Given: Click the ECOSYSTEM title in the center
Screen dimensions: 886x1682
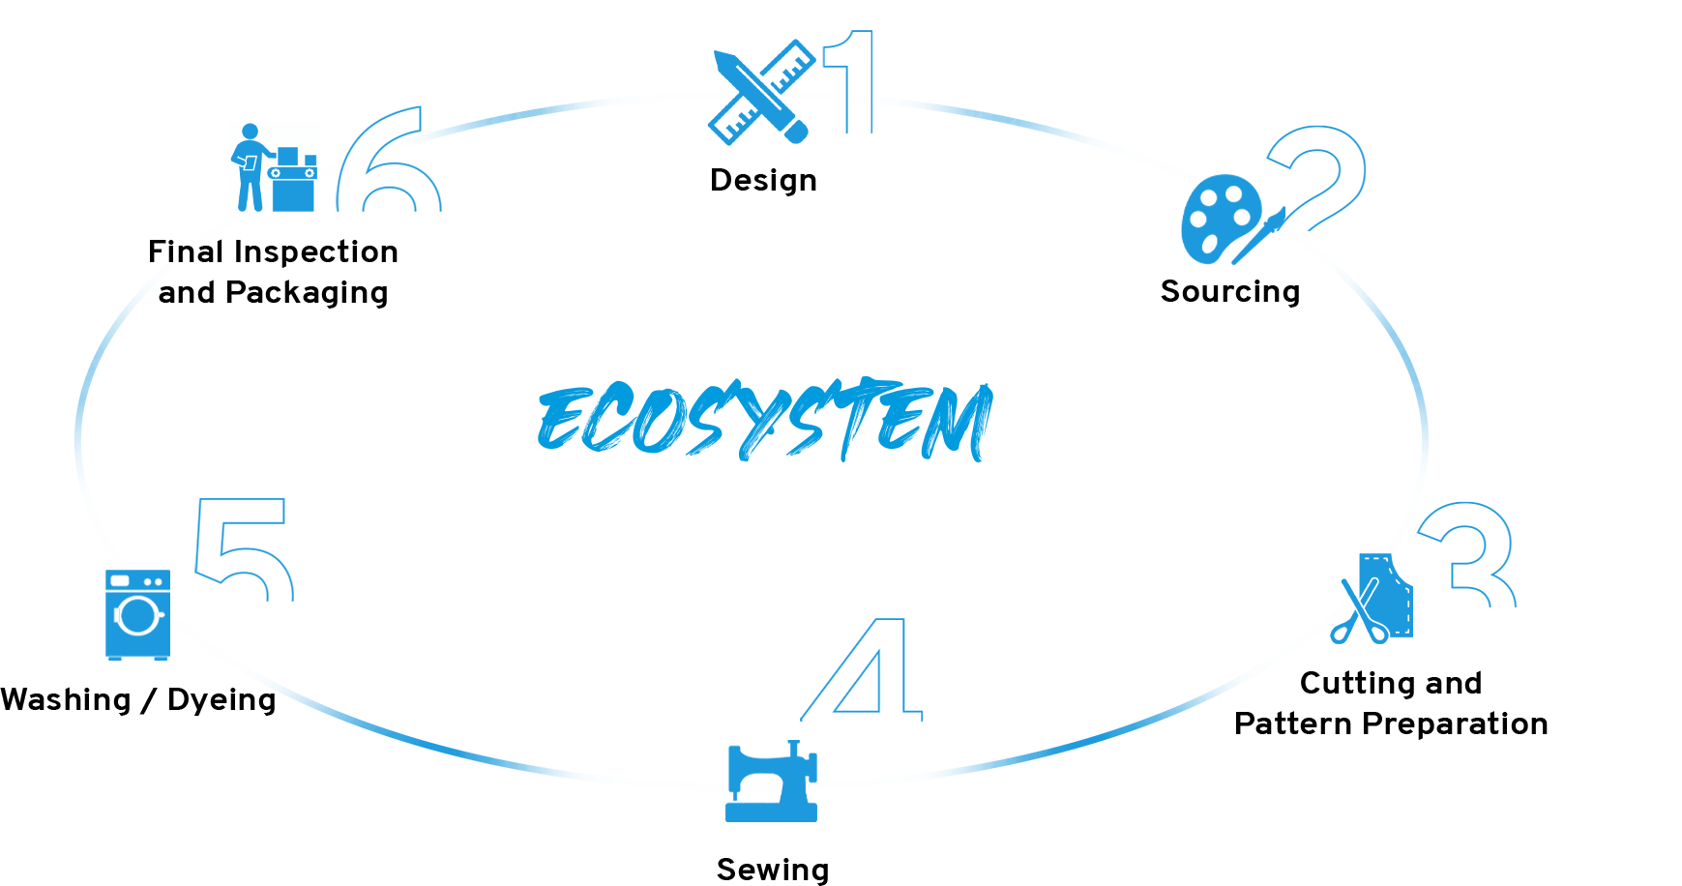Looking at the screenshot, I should (764, 421).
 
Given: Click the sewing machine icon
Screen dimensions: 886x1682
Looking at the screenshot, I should (771, 783).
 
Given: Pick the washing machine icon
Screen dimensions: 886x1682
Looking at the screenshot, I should (137, 614).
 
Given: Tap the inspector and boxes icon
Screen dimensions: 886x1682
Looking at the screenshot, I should (273, 166).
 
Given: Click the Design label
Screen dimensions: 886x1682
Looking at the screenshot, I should (763, 180).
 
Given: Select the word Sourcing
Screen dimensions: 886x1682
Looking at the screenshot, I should (1229, 291).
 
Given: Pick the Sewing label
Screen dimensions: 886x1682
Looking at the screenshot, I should (772, 870).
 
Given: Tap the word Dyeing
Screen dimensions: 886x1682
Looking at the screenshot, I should (221, 699).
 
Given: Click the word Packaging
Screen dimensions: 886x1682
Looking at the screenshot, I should (307, 292).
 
